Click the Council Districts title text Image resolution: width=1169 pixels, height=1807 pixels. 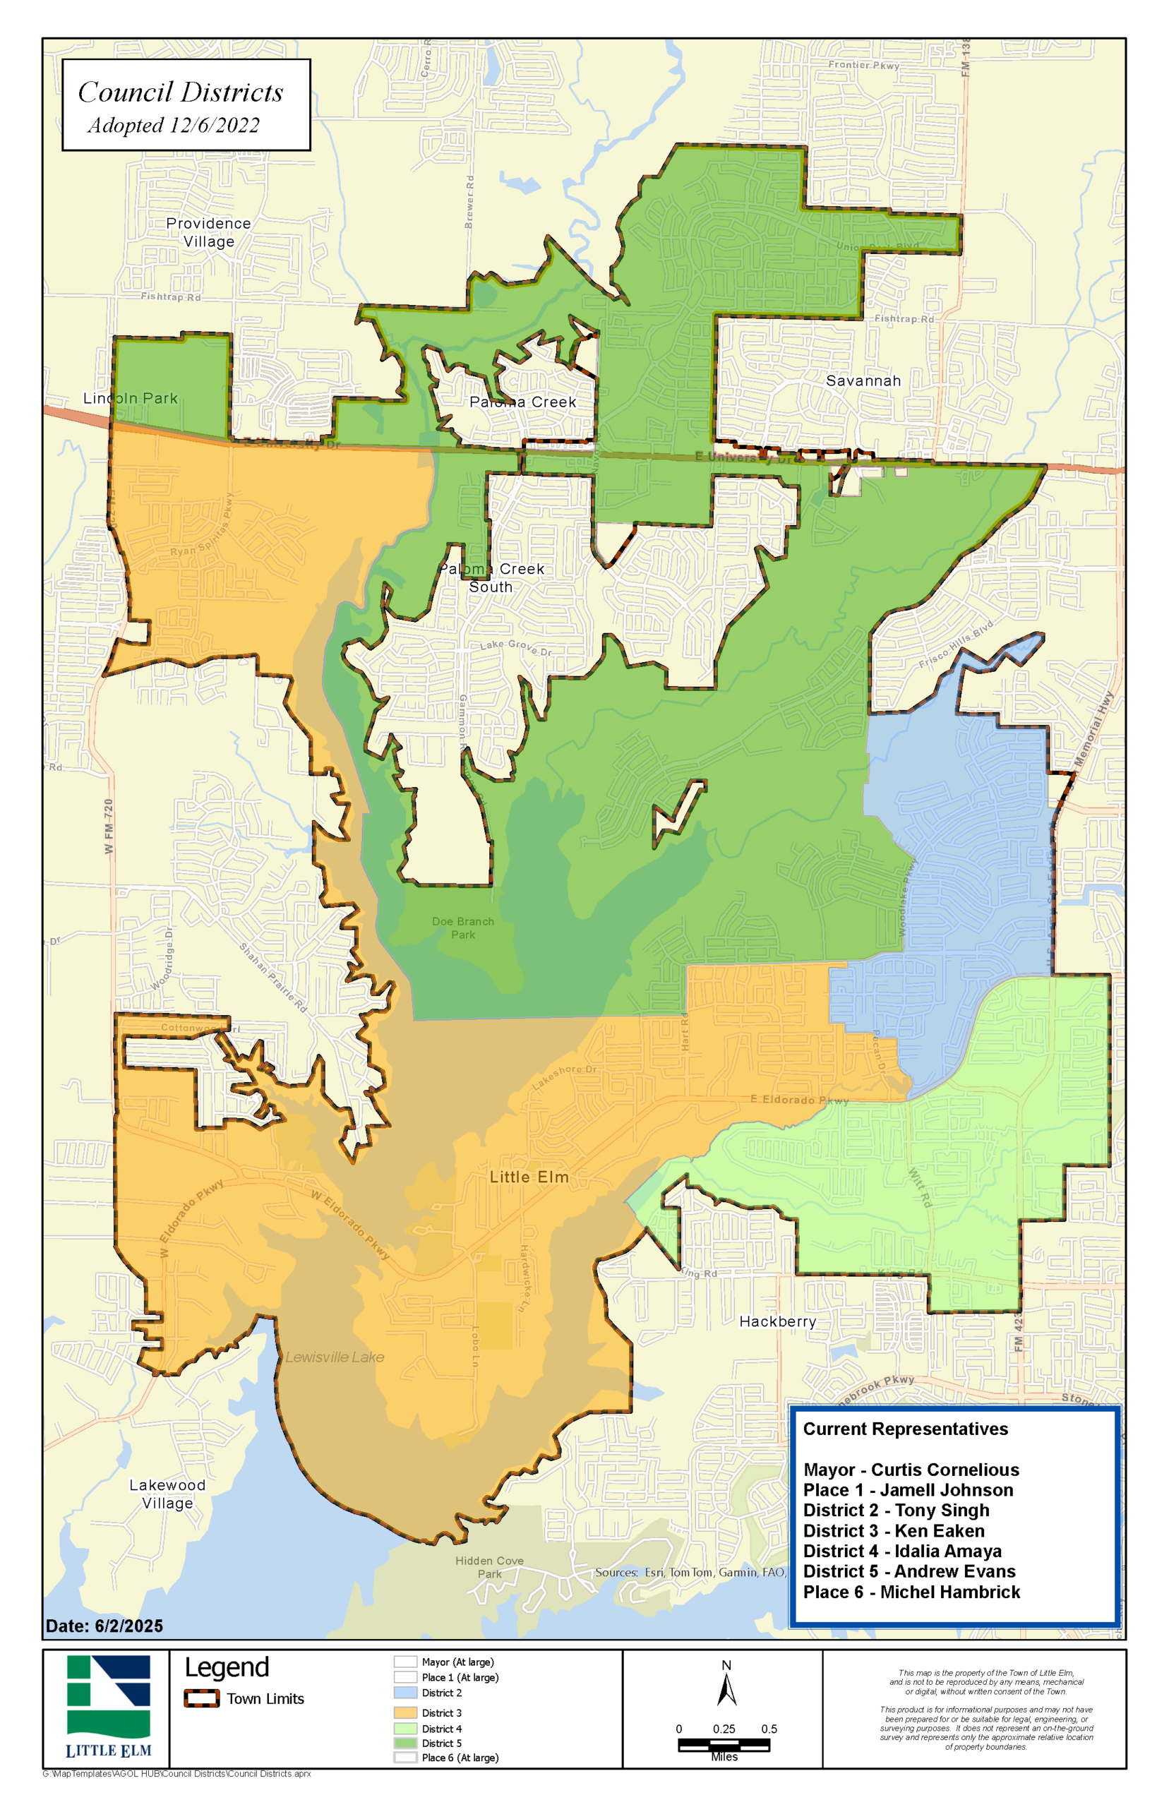[x=181, y=92]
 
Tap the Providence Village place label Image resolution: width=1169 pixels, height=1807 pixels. [x=208, y=232]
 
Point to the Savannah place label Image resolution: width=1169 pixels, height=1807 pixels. [x=863, y=381]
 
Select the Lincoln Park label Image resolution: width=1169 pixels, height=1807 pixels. [x=131, y=398]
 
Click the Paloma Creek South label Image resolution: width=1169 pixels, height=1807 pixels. [x=491, y=577]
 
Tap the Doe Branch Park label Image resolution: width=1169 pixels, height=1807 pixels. [x=463, y=927]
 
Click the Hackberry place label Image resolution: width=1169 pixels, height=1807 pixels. [x=777, y=1321]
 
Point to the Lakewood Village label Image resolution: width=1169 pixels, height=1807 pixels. [x=167, y=1494]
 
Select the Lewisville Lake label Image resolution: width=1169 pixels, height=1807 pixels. [x=335, y=1357]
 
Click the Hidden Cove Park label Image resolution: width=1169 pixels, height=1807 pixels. [x=490, y=1566]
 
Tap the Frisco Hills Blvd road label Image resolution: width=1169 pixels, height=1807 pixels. [x=956, y=644]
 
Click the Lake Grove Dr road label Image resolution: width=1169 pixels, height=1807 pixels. [x=515, y=647]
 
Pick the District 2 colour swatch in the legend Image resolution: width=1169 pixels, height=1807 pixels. [x=405, y=1693]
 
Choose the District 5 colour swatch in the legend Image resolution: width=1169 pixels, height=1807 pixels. [x=405, y=1743]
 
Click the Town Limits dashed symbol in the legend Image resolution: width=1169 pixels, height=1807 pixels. [x=202, y=1698]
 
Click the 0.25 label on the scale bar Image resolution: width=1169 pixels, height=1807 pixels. [x=724, y=1729]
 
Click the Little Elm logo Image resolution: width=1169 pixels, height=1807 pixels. [x=108, y=1707]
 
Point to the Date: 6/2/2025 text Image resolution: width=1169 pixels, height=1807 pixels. [x=104, y=1626]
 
